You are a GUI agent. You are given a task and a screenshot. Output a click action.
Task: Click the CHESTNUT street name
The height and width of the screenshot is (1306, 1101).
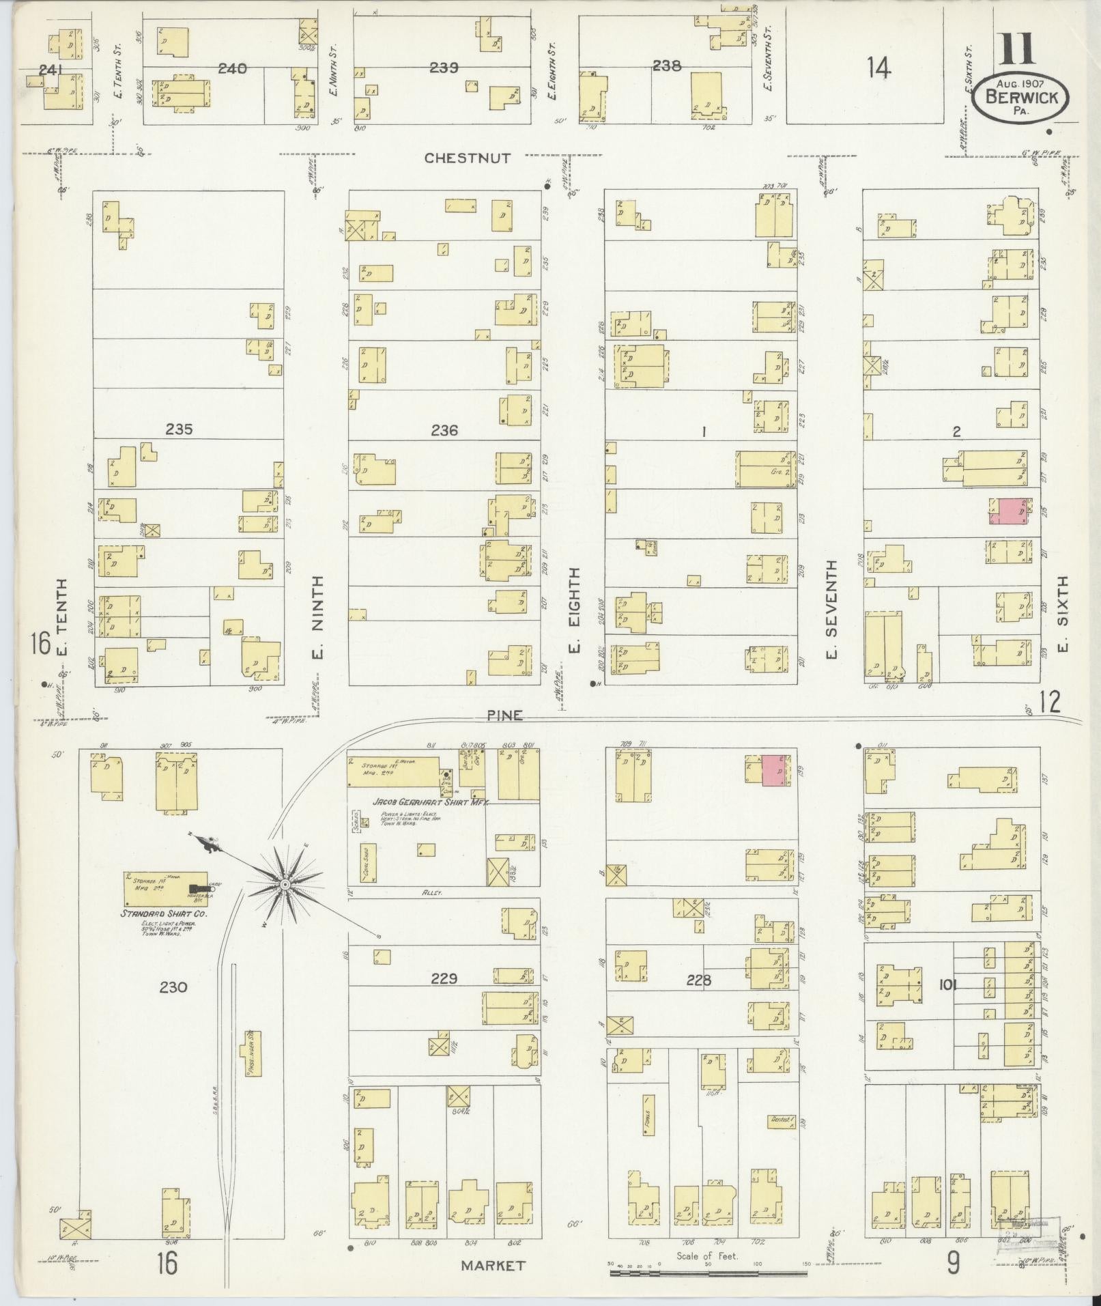(x=467, y=158)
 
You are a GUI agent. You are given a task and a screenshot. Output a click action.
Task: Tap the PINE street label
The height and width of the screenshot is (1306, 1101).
(x=505, y=715)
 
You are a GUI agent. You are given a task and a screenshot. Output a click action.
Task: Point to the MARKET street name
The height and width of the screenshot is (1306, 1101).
(x=493, y=1265)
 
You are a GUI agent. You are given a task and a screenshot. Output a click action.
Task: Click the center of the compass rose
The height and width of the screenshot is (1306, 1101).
(x=285, y=885)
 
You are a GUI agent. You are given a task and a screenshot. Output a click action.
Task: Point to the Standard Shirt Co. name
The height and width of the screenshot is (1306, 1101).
(x=164, y=913)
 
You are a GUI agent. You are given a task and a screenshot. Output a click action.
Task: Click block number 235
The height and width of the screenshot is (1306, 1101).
(x=178, y=429)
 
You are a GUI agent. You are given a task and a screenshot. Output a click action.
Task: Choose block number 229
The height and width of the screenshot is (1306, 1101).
(x=443, y=978)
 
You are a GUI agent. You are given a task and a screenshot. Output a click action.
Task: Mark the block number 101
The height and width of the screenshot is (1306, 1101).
(x=948, y=984)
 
